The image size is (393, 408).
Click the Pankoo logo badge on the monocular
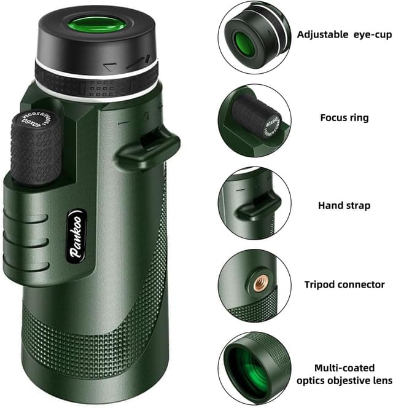click(77, 238)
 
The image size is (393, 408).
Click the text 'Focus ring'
click(344, 117)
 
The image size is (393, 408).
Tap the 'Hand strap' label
click(344, 205)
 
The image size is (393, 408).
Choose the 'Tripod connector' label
click(345, 284)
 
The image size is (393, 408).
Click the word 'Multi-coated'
click(344, 367)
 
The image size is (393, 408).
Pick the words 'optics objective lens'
click(345, 380)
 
